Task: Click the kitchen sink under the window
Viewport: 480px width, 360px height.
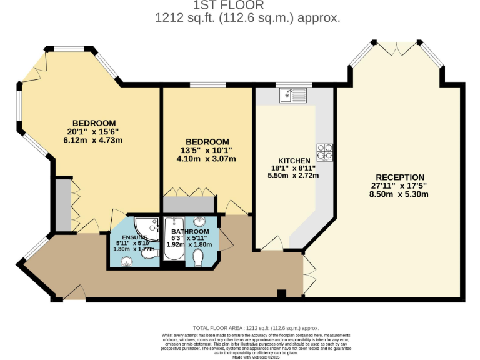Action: [294, 95]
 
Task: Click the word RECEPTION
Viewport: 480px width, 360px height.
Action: [400, 177]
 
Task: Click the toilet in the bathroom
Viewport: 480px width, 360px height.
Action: [199, 257]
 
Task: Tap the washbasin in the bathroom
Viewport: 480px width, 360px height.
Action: [199, 223]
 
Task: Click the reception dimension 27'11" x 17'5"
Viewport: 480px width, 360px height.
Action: [400, 186]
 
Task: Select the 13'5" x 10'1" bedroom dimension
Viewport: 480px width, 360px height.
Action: [207, 150]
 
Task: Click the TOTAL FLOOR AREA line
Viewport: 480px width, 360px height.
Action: [256, 327]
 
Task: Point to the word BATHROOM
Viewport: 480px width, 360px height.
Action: [190, 232]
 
